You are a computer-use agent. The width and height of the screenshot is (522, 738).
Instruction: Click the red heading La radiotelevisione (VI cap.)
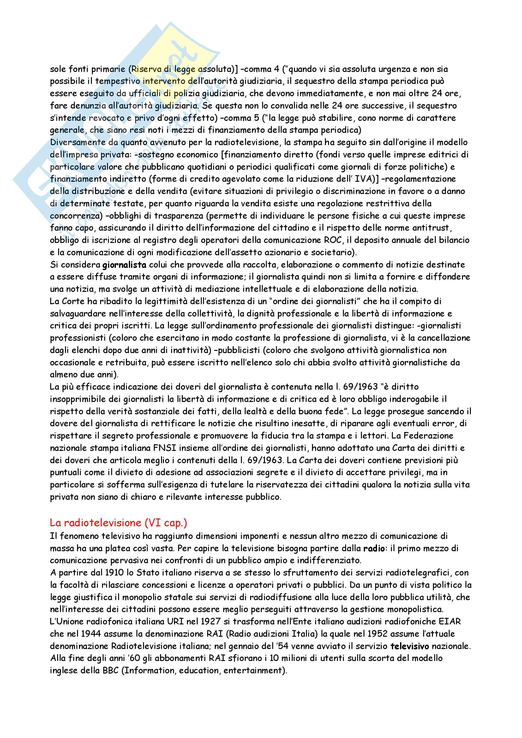118,523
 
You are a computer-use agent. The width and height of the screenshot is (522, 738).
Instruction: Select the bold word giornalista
124,265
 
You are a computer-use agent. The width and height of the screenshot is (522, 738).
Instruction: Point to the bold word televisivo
410,646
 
